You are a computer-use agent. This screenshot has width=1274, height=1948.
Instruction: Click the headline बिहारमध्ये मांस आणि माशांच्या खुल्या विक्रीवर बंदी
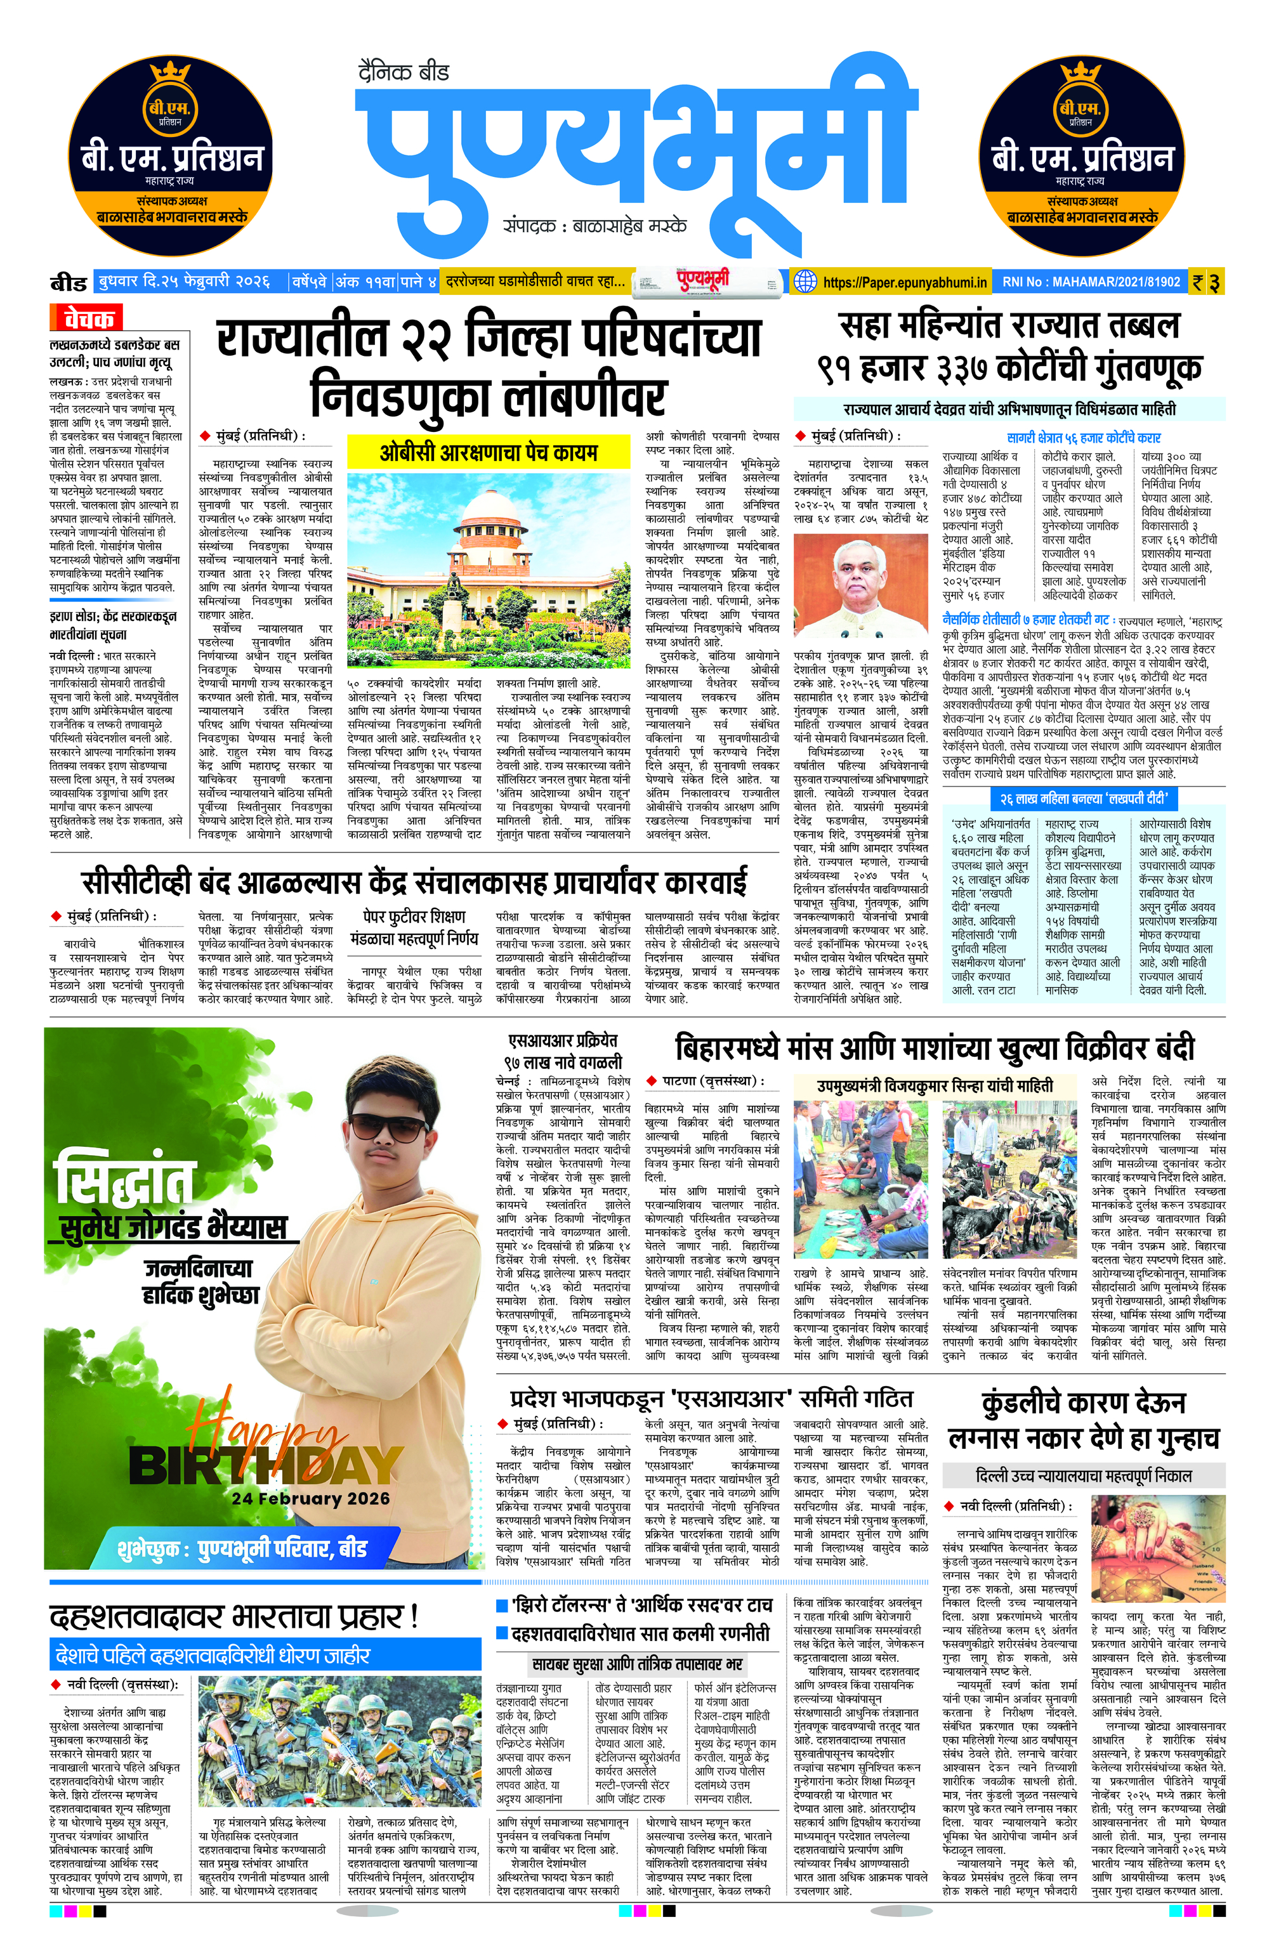(933, 1049)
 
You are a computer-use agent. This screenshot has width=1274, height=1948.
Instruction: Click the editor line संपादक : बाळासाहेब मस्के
(595, 226)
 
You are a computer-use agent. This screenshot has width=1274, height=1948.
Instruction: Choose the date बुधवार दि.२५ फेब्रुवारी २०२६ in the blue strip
(183, 282)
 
